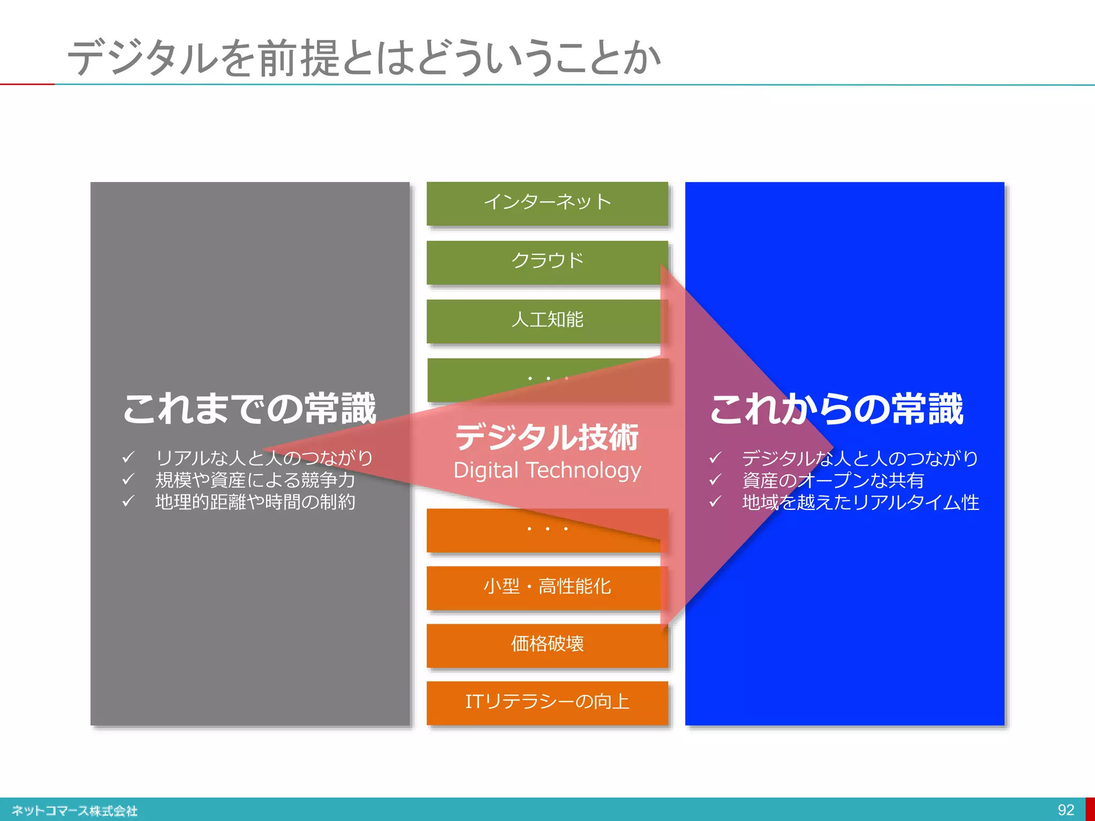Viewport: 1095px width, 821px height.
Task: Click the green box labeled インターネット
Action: pyautogui.click(x=547, y=203)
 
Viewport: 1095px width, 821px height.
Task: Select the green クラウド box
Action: pyautogui.click(x=547, y=261)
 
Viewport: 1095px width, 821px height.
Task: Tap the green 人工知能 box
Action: pyautogui.click(x=547, y=320)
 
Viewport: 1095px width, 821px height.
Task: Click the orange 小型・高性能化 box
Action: pyautogui.click(x=547, y=587)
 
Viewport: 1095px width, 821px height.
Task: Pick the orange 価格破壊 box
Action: pyautogui.click(x=547, y=645)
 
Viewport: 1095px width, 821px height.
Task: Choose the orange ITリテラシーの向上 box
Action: pyautogui.click(x=547, y=702)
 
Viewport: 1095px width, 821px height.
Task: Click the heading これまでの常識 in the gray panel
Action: pyautogui.click(x=250, y=409)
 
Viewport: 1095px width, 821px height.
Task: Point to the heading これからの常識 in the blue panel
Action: pyautogui.click(x=837, y=409)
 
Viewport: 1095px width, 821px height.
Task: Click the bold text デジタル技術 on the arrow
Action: pyautogui.click(x=547, y=437)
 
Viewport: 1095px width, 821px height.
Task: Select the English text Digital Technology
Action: pyautogui.click(x=547, y=471)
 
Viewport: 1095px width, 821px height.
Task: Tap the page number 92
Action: pyautogui.click(x=1066, y=810)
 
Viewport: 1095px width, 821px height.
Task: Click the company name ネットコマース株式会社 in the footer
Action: pyautogui.click(x=75, y=811)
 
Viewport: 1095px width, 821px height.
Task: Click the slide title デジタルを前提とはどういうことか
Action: pyautogui.click(x=364, y=58)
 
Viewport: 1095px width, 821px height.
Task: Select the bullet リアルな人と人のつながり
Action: pyautogui.click(x=264, y=458)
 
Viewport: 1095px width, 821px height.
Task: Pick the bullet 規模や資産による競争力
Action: pyautogui.click(x=255, y=480)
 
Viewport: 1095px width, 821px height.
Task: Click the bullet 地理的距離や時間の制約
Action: pyautogui.click(x=255, y=502)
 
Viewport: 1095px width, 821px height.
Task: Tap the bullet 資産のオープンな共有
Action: pyautogui.click(x=833, y=481)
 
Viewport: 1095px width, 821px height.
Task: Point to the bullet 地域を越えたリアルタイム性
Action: pyautogui.click(x=860, y=502)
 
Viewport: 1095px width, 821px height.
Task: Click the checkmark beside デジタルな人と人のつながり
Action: pyautogui.click(x=715, y=458)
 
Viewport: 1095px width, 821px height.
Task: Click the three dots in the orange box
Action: pyautogui.click(x=547, y=529)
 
